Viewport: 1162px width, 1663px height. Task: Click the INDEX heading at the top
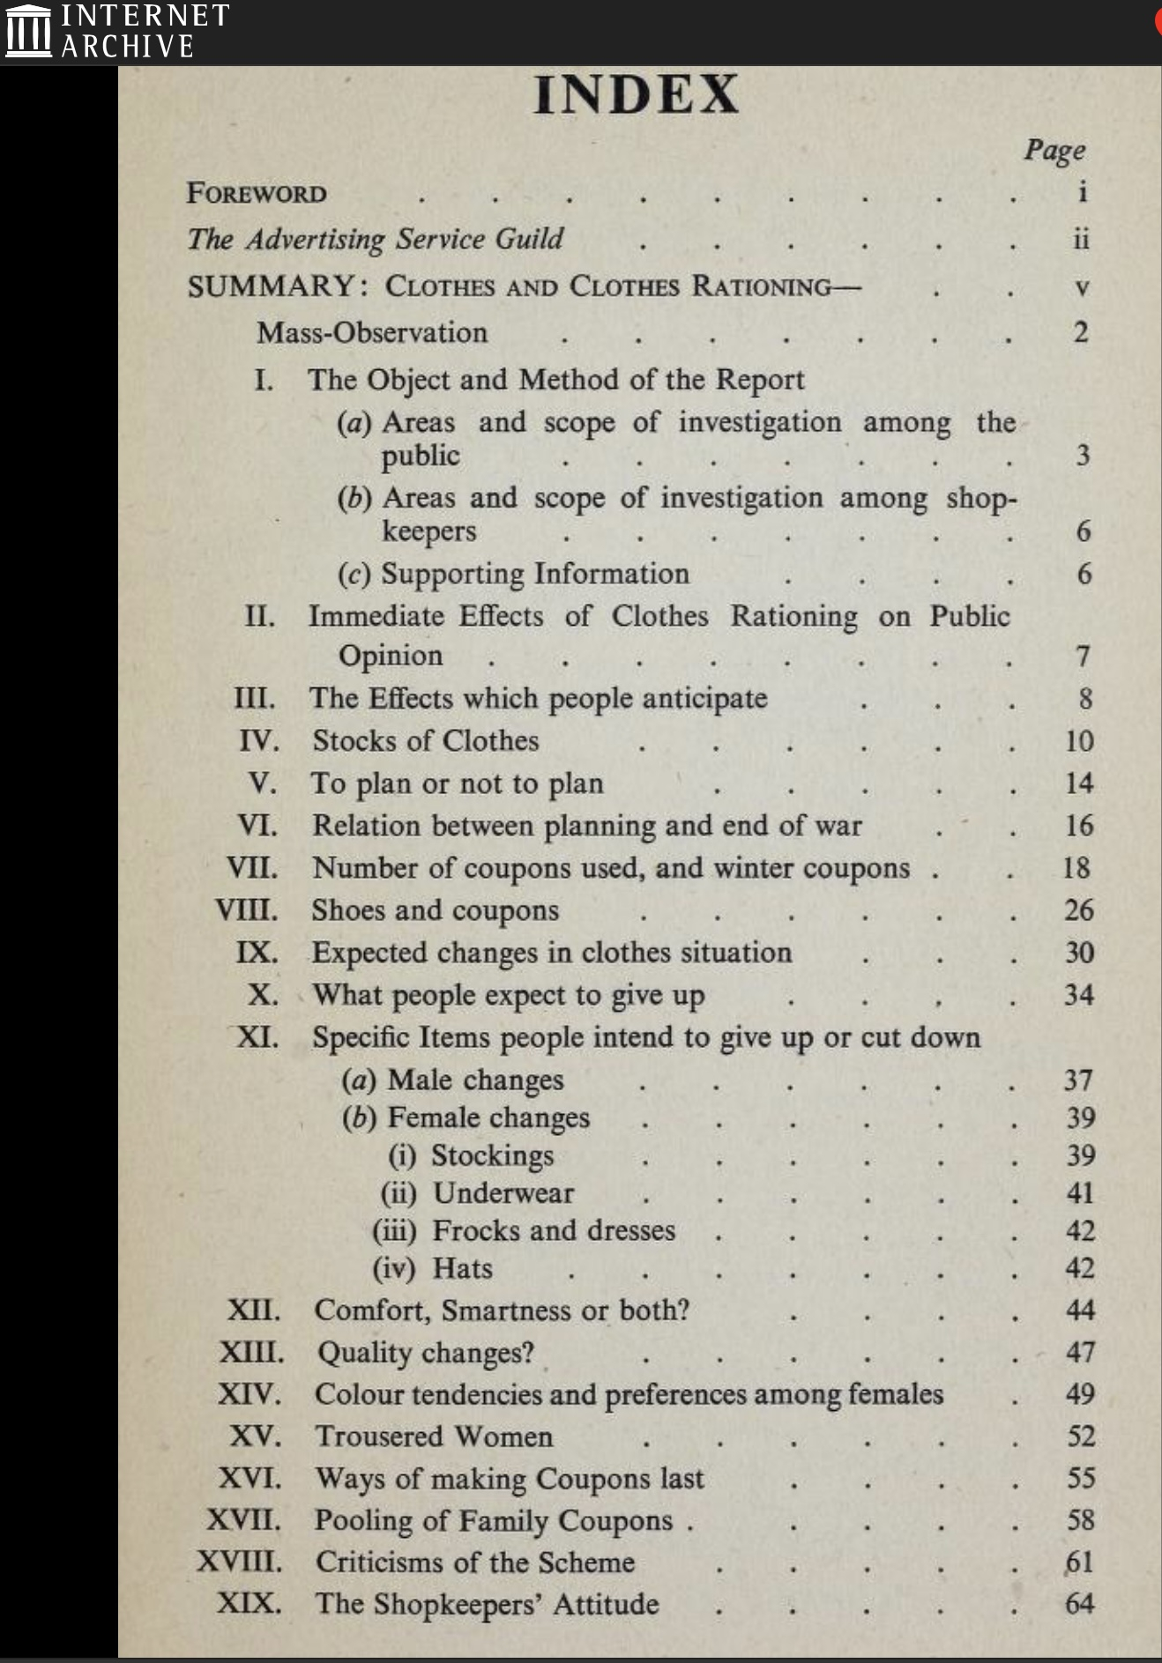(x=636, y=95)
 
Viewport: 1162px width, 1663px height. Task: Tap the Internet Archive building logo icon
(x=28, y=31)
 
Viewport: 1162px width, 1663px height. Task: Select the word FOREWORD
(x=257, y=194)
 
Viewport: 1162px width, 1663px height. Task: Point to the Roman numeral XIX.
(x=250, y=1603)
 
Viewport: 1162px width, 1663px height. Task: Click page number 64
(x=1080, y=1603)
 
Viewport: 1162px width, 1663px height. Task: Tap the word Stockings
(x=492, y=1155)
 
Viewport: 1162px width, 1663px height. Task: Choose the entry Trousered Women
(x=434, y=1437)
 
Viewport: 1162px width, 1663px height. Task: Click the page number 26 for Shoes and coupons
(x=1079, y=910)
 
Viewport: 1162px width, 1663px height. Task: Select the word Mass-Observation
(x=372, y=333)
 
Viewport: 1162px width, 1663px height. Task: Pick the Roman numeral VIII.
(x=247, y=910)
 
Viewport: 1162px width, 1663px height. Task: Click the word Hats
(x=462, y=1268)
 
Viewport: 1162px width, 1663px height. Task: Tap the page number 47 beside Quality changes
(x=1080, y=1352)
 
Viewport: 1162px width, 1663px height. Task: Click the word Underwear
(x=503, y=1193)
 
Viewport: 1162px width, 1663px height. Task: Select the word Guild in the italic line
(x=529, y=239)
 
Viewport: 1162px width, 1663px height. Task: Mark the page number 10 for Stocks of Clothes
(x=1079, y=741)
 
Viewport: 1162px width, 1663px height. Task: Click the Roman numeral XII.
(x=254, y=1310)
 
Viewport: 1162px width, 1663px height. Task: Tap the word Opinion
(x=391, y=656)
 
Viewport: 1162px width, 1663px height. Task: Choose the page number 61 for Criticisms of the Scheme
(x=1080, y=1563)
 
